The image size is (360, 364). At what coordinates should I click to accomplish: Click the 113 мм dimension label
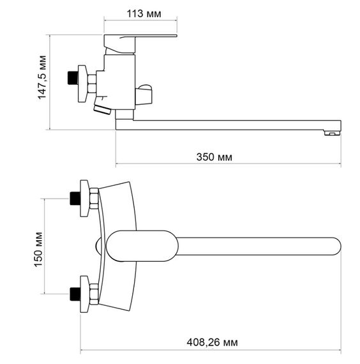pyautogui.click(x=144, y=13)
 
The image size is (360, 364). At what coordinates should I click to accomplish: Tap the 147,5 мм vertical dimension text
pyautogui.click(x=42, y=77)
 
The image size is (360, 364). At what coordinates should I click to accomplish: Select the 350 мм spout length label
pyautogui.click(x=214, y=157)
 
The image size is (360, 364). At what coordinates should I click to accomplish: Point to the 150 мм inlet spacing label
pyautogui.click(x=38, y=250)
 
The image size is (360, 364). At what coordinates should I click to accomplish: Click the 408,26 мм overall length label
pyautogui.click(x=212, y=342)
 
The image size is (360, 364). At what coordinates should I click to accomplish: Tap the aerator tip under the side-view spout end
pyautogui.click(x=332, y=133)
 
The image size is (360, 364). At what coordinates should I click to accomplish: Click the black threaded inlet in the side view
pyautogui.click(x=73, y=77)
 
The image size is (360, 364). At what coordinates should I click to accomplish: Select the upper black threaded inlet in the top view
pyautogui.click(x=75, y=198)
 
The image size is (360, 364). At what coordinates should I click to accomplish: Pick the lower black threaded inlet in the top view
pyautogui.click(x=75, y=294)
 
